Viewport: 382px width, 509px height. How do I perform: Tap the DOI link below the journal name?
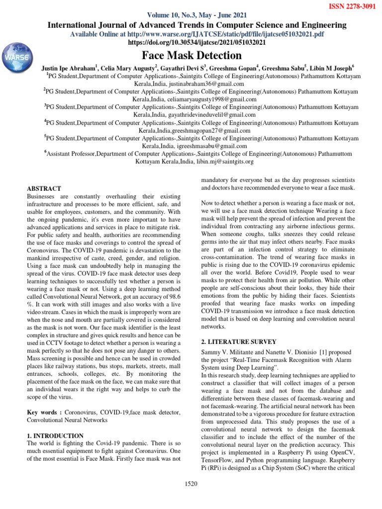197,43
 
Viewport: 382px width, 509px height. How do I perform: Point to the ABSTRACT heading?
44,188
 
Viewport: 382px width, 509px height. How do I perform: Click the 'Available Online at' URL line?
197,34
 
